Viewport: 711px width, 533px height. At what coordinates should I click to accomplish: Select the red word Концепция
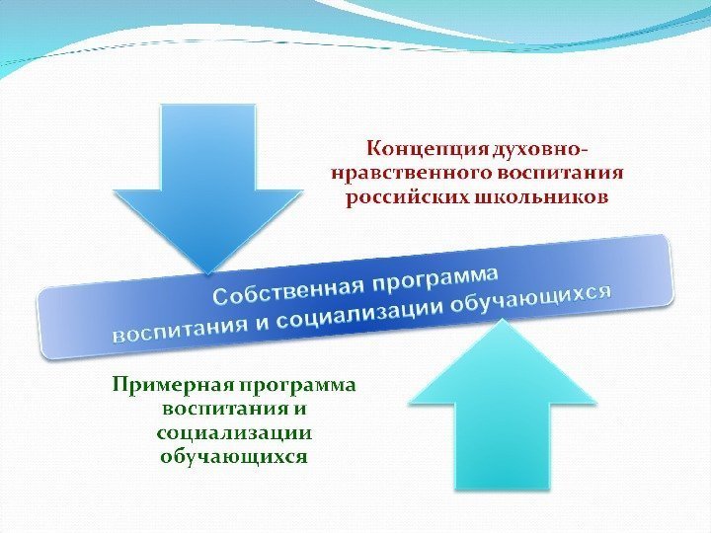(429, 149)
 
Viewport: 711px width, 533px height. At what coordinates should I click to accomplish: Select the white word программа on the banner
(435, 273)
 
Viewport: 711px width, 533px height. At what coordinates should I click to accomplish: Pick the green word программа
(297, 383)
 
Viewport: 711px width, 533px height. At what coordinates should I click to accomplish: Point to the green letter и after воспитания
(301, 407)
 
